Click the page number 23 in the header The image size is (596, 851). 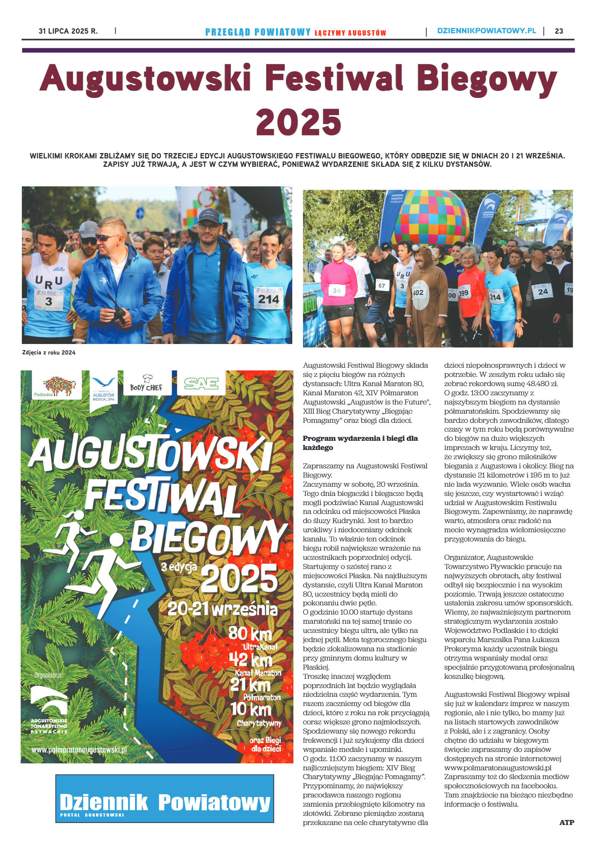click(559, 31)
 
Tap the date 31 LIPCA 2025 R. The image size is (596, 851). click(68, 31)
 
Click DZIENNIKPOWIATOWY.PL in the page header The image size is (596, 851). click(486, 31)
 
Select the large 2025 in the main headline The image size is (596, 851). click(298, 122)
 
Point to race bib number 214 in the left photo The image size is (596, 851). click(269, 299)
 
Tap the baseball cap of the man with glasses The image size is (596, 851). click(210, 217)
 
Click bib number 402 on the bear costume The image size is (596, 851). click(418, 292)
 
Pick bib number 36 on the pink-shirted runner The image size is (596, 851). click(336, 291)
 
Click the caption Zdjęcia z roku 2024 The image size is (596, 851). click(49, 353)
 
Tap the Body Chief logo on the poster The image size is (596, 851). click(146, 384)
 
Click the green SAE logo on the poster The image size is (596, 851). click(201, 383)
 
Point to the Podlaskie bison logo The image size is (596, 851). click(57, 386)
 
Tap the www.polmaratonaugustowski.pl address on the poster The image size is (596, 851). click(79, 749)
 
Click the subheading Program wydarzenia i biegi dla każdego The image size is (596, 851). click(360, 443)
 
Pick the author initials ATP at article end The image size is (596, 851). click(567, 822)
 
